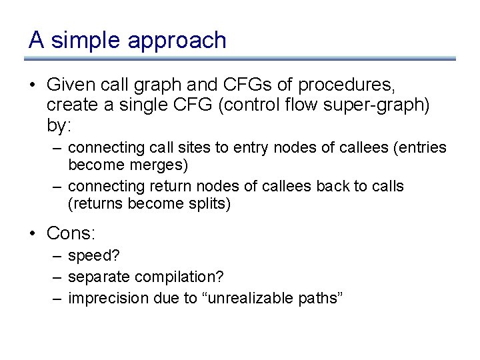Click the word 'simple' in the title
click(86, 41)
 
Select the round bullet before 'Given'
click(33, 86)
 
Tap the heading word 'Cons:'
click(71, 233)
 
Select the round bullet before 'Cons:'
click(33, 234)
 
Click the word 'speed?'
click(89, 256)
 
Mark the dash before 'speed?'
click(58, 255)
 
